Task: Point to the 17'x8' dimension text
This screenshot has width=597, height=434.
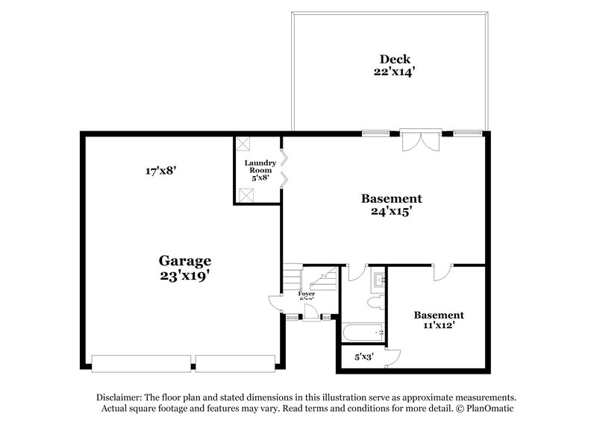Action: (160, 171)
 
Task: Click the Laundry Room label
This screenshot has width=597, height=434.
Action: (260, 166)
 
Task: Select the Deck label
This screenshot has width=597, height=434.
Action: (394, 59)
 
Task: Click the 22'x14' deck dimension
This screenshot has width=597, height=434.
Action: (394, 72)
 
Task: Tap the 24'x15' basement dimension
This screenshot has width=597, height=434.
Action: (392, 212)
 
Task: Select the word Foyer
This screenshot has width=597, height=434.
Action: (307, 294)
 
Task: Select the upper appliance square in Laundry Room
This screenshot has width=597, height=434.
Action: (244, 144)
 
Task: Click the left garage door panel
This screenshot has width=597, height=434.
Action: (142, 363)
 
